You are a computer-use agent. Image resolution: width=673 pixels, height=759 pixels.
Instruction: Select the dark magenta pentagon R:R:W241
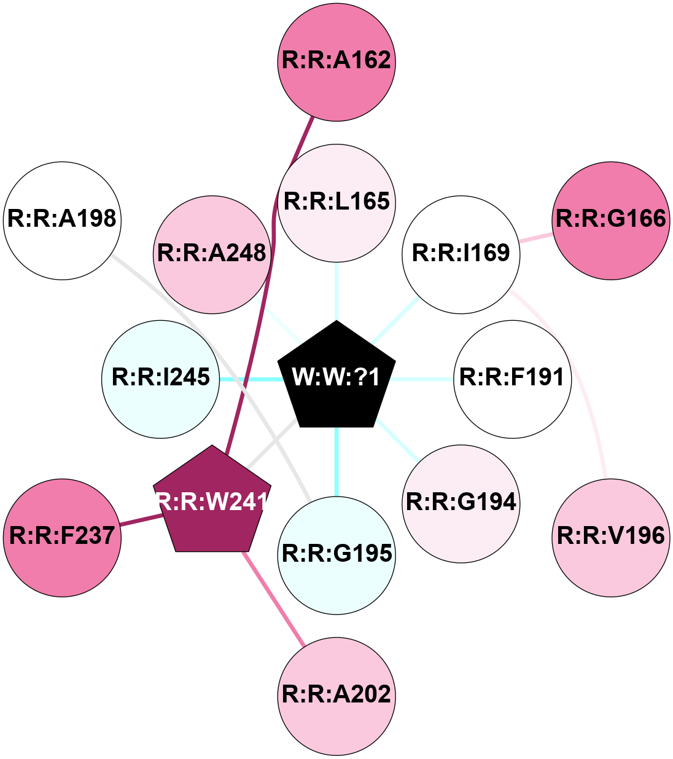212,502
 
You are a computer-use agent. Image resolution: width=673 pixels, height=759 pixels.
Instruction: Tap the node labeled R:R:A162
336,61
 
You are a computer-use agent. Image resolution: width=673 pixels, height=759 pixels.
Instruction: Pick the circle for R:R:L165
336,202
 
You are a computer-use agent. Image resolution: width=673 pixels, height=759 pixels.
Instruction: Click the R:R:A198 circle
62,219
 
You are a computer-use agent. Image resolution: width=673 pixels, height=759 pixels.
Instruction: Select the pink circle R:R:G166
610,219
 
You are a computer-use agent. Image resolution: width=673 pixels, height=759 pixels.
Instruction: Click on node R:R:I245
161,378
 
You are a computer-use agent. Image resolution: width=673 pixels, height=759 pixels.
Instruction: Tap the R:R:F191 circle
512,378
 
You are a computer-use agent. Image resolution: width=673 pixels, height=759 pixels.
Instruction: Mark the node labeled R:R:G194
461,503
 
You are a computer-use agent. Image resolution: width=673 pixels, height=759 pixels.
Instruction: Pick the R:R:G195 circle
336,554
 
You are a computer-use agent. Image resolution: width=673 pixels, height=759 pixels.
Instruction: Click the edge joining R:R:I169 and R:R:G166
535,238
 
